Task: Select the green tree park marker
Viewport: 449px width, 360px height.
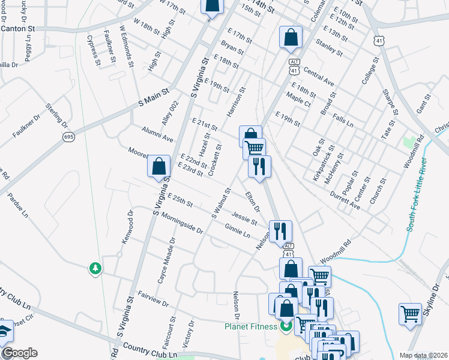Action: coord(95,268)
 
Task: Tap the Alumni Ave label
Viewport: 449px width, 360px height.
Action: coord(157,135)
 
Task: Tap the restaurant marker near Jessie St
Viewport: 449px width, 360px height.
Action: coord(279,230)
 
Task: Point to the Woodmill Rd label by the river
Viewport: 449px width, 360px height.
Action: coord(335,251)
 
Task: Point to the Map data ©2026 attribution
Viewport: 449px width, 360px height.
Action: coord(424,355)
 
